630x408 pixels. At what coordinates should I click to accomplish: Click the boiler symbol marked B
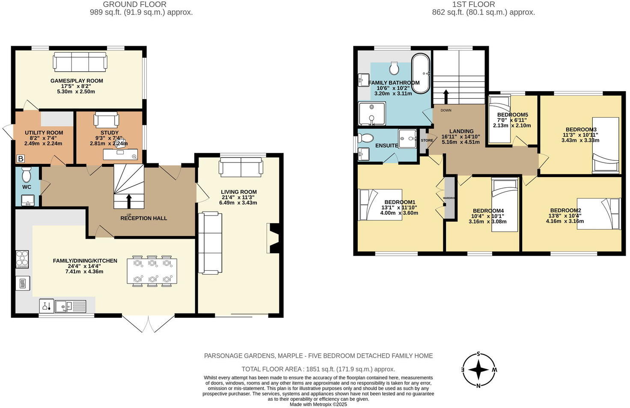coord(21,159)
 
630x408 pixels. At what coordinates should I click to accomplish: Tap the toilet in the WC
coord(27,174)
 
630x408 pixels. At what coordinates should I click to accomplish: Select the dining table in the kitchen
coord(152,271)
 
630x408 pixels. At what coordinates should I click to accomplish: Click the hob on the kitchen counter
coord(22,259)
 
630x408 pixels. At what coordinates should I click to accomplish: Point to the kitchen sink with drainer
coord(71,306)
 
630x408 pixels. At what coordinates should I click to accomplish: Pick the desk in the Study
coord(120,154)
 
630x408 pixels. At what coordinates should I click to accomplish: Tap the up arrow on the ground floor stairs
coord(129,201)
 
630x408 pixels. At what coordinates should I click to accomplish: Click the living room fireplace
coord(273,238)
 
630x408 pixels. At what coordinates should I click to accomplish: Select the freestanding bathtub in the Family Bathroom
coord(421,74)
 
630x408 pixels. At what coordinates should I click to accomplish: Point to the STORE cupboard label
coord(427,141)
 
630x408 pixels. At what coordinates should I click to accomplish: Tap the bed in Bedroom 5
coord(499,119)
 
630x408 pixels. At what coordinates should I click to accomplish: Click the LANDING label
coord(461,131)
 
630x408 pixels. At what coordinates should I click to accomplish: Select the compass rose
coord(479,370)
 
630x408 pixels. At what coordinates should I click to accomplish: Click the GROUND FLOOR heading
coord(134,5)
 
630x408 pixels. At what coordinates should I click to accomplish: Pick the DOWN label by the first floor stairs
coord(446,110)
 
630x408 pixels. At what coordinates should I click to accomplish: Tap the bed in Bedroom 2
coord(598,214)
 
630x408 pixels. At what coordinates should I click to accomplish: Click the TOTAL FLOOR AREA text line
coord(318,369)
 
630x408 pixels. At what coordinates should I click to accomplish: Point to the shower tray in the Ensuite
coord(407,139)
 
